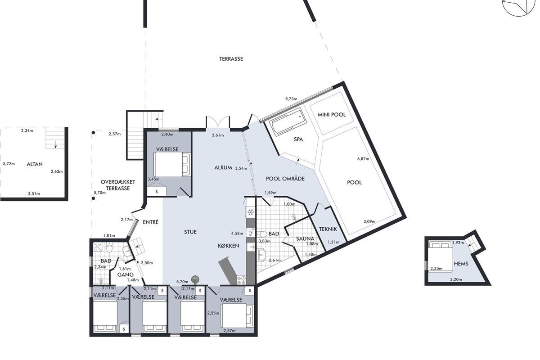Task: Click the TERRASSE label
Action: point(231,59)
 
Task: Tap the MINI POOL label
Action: point(332,115)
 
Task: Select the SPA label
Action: point(298,139)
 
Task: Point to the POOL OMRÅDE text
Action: point(285,179)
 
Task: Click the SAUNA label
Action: point(305,238)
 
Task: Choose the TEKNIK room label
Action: point(328,229)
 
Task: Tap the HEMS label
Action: point(461,264)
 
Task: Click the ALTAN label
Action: point(35,164)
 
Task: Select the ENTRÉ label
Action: point(150,222)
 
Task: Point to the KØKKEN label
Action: point(228,246)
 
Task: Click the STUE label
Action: point(190,232)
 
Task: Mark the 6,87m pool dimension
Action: point(363,159)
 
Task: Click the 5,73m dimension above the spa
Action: point(291,99)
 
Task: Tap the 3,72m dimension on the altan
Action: point(9,164)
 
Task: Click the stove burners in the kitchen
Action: point(241,280)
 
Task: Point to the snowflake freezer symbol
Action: point(251,212)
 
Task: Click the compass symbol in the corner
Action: point(522,6)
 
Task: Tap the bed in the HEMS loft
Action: point(440,257)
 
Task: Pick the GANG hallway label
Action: point(126,274)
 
